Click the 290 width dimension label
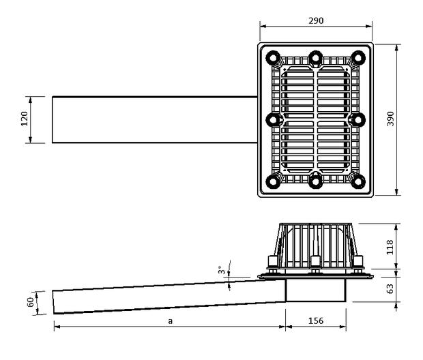pos(316,20)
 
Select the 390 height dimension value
pos(390,119)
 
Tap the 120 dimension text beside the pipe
pos(25,119)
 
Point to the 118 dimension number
pos(390,247)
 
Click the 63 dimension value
pos(390,289)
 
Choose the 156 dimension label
pos(316,320)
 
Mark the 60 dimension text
pos(31,302)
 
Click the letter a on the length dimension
pos(170,321)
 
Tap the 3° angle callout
pos(221,270)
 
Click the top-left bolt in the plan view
pos(273,58)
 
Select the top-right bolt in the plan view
pos(358,58)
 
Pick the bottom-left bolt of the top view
pos(273,181)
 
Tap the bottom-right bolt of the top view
pos(358,181)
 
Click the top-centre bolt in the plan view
pos(315,58)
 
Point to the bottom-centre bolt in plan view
pos(315,181)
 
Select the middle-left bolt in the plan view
pos(273,119)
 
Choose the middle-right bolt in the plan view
pos(358,119)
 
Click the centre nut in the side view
pos(315,262)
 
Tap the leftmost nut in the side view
pos(273,262)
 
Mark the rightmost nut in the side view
pos(358,262)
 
